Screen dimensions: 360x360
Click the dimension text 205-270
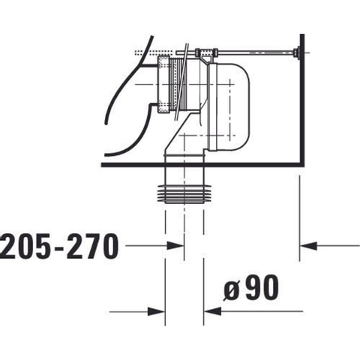(x=59, y=247)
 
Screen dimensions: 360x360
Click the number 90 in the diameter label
(x=262, y=287)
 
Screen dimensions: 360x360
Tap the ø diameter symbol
(x=232, y=291)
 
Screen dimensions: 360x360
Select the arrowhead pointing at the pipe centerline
(x=175, y=246)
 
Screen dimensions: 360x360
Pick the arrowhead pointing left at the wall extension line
(x=308, y=246)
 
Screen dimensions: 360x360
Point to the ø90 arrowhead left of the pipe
(x=156, y=312)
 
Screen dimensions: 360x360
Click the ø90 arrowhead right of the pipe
(x=213, y=311)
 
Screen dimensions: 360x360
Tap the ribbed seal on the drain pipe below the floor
(x=184, y=194)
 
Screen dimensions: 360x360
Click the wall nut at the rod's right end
(x=297, y=52)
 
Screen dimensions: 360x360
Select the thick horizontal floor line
(x=202, y=165)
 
